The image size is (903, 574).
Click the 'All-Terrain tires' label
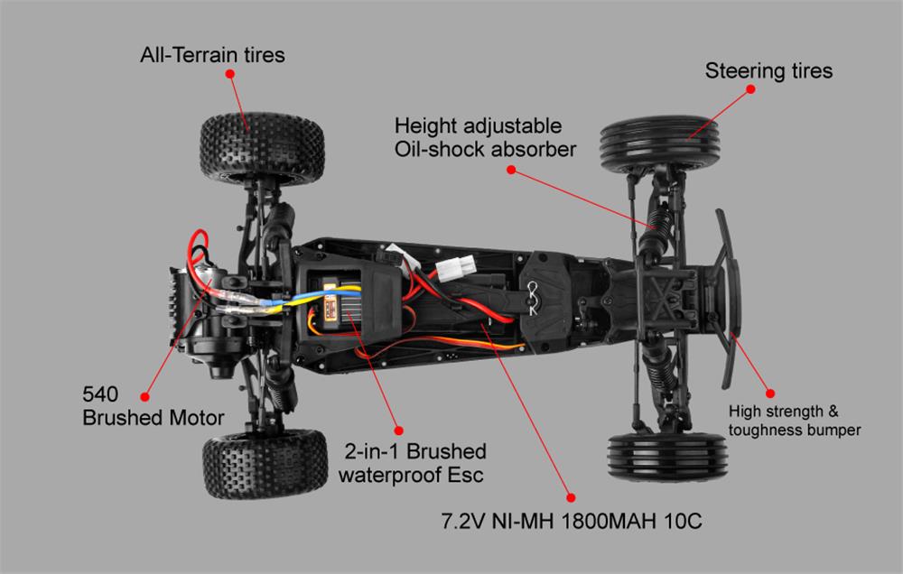(212, 56)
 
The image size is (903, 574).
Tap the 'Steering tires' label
(768, 70)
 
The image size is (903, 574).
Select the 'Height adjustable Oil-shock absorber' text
(484, 137)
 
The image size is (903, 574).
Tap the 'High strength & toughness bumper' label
(794, 421)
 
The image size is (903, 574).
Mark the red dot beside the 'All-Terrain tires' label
(229, 77)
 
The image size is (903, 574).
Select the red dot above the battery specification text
(569, 495)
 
